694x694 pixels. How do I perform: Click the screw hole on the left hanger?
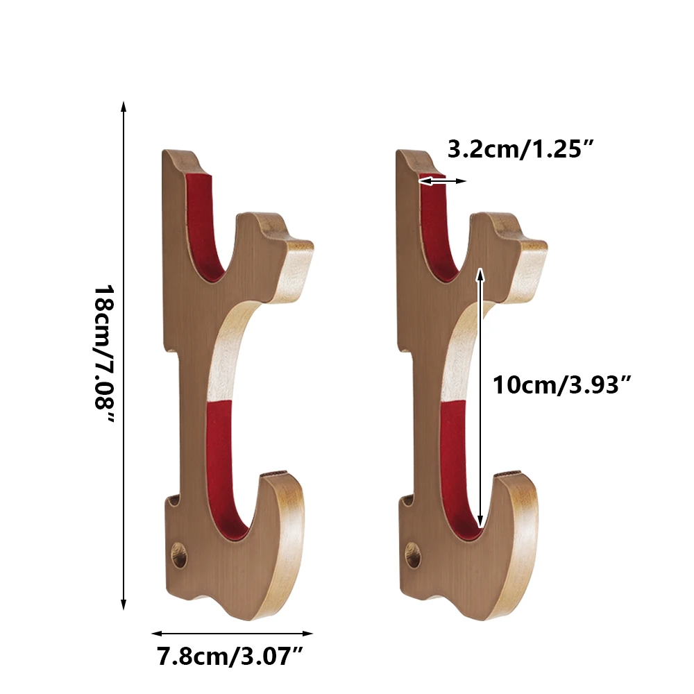click(180, 555)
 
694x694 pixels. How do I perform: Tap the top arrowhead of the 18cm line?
click(124, 106)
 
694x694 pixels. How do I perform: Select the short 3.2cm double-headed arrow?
click(443, 181)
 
